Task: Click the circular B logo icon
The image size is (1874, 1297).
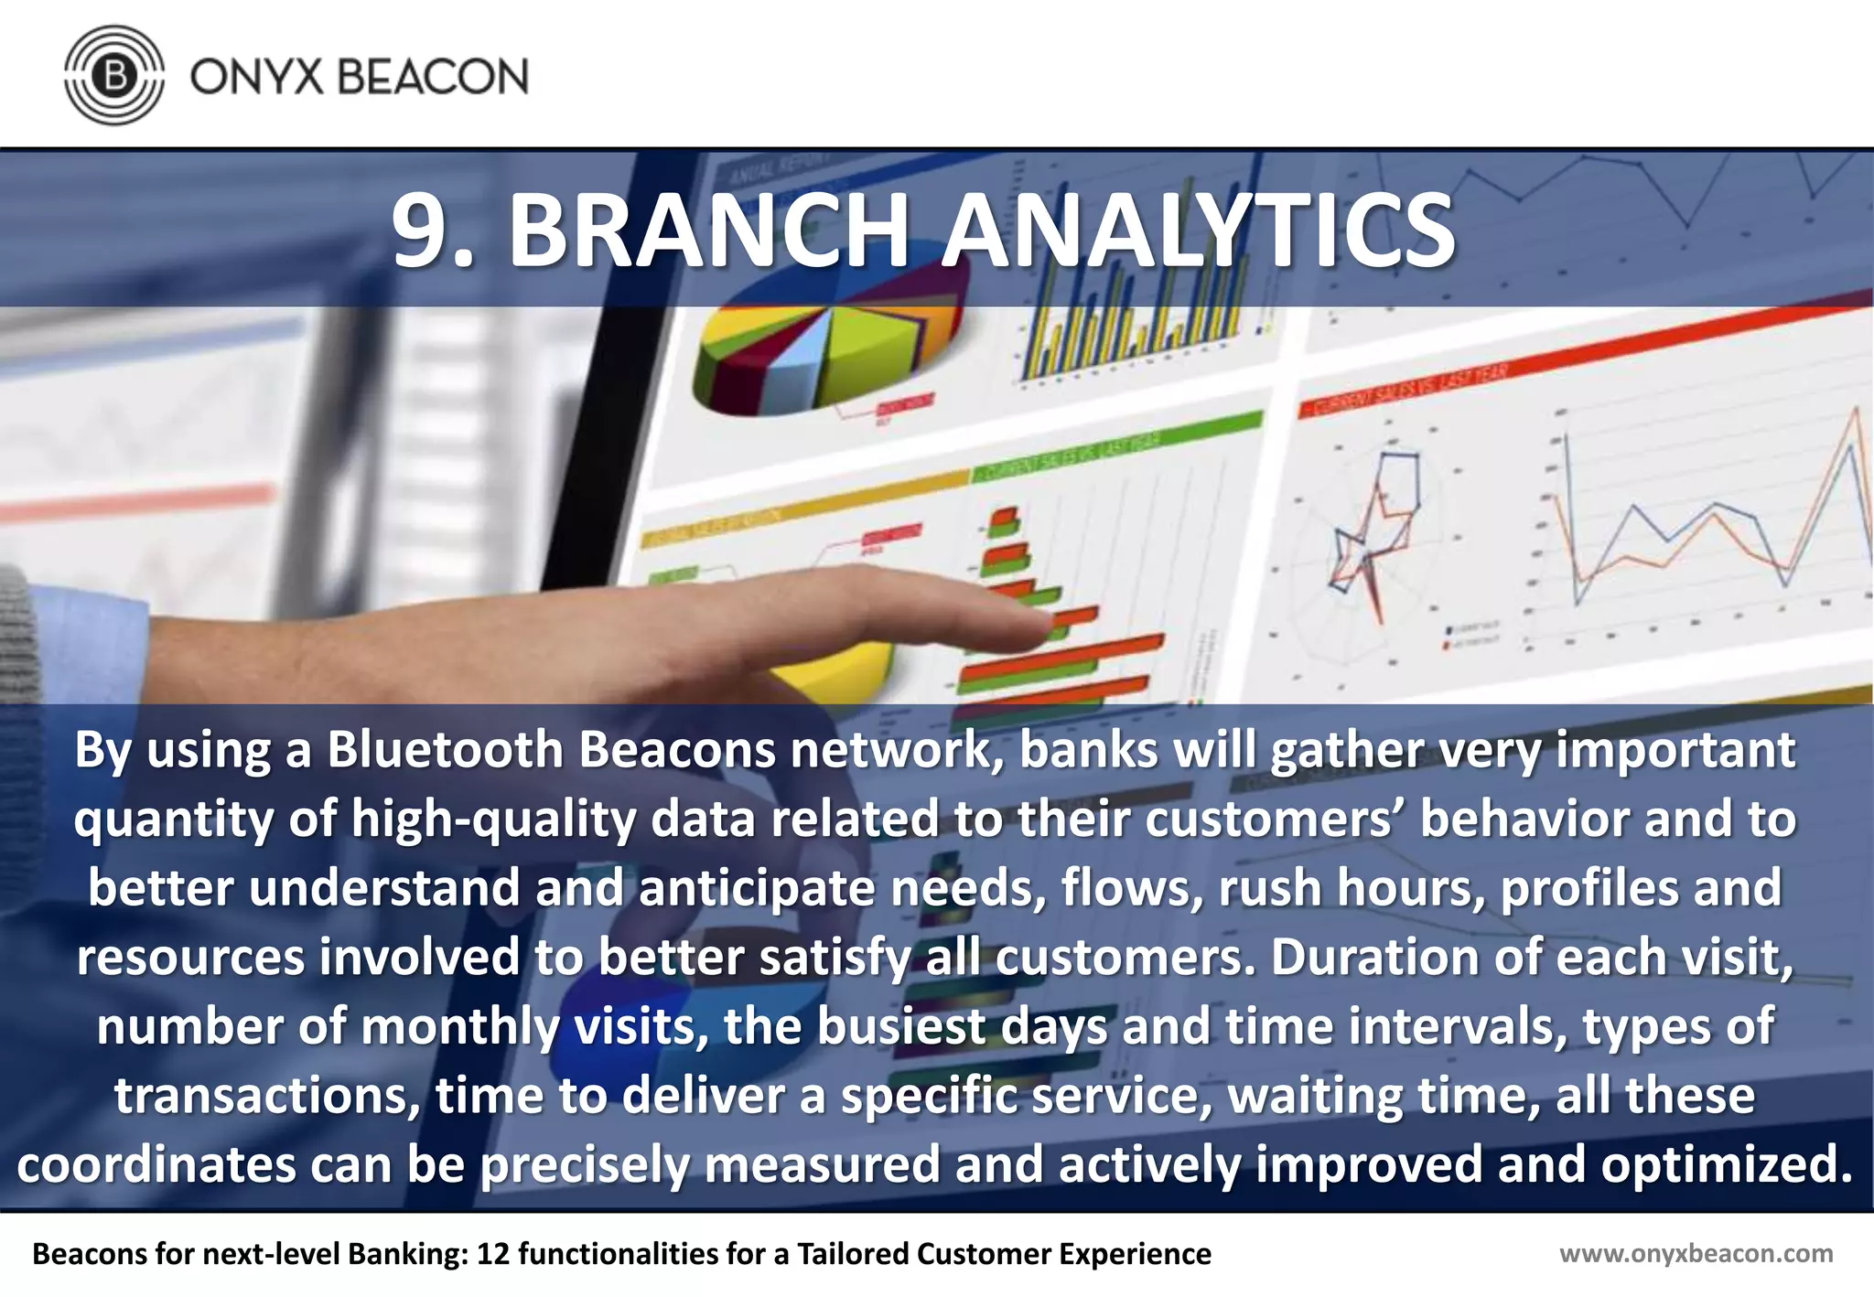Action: point(114,75)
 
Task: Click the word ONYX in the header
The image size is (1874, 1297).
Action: point(257,76)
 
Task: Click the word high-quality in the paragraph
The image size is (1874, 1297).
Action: point(493,820)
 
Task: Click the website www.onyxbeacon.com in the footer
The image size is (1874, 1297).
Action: point(1696,1254)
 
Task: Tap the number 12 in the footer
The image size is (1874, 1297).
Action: point(492,1254)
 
